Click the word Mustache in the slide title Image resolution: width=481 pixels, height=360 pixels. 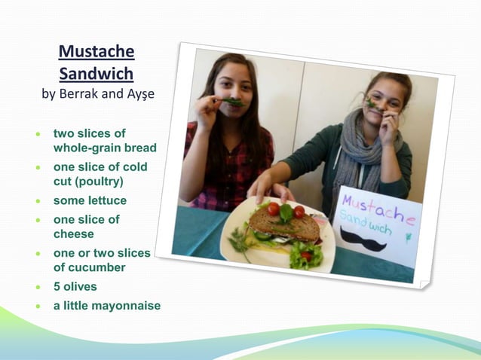pos(97,52)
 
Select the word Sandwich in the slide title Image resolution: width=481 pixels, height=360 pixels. pos(97,74)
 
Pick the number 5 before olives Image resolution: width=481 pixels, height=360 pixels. pos(57,287)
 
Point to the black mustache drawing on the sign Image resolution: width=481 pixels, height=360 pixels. pos(363,240)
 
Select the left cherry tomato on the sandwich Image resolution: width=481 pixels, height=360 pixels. pos(273,209)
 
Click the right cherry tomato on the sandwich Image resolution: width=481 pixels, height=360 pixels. pos(299,212)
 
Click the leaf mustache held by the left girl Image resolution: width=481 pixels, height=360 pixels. pos(230,101)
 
